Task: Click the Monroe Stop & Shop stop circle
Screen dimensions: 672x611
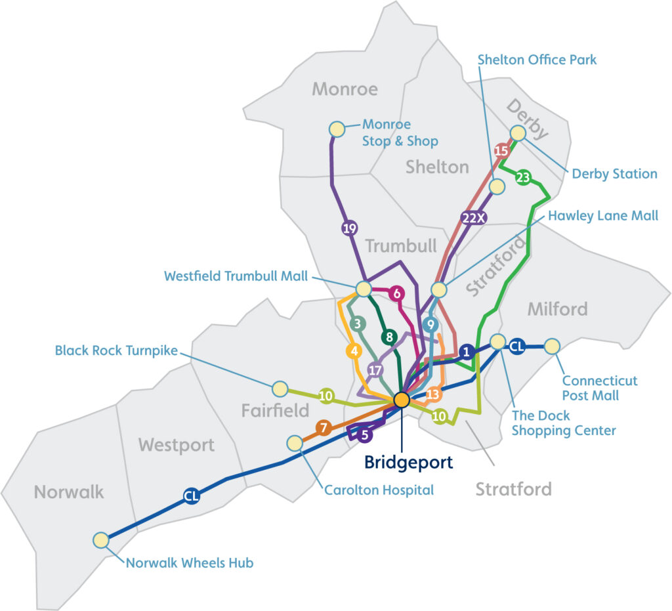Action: coord(337,129)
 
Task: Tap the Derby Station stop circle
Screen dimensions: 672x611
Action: coord(518,133)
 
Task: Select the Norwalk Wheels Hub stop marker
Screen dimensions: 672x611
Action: coord(100,540)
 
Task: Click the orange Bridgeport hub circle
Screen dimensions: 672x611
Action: coord(402,400)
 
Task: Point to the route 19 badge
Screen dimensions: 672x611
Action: coord(349,228)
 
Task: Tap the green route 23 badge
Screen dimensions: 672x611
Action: coord(523,177)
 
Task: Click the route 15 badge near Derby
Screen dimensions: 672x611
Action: coord(502,150)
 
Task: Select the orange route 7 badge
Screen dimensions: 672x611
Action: coord(323,429)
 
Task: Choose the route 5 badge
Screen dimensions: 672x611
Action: coord(366,434)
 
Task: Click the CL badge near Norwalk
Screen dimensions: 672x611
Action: coord(191,497)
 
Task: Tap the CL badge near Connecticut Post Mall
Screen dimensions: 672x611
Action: coord(517,346)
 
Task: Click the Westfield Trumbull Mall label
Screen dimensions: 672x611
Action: coord(236,277)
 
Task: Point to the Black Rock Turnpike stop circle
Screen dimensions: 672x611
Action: coord(280,389)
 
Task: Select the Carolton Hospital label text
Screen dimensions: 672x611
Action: coord(379,490)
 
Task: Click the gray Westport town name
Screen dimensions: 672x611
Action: coord(177,446)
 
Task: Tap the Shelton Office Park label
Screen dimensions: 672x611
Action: coord(537,60)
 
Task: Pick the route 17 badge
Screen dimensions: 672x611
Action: coord(375,369)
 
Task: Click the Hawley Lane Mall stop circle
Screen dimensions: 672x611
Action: coord(439,289)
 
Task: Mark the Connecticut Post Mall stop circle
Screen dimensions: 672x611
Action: coord(552,346)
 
